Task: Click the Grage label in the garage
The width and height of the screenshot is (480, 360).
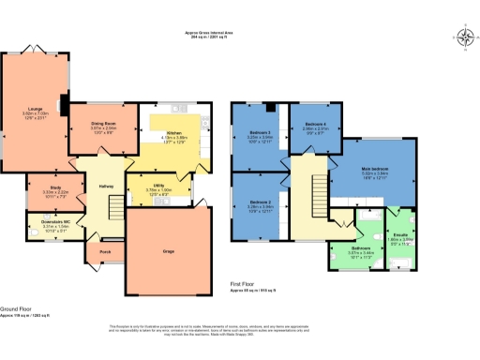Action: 170,251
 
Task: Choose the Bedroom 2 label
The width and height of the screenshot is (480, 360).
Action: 260,202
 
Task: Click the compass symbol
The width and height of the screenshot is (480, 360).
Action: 465,37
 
